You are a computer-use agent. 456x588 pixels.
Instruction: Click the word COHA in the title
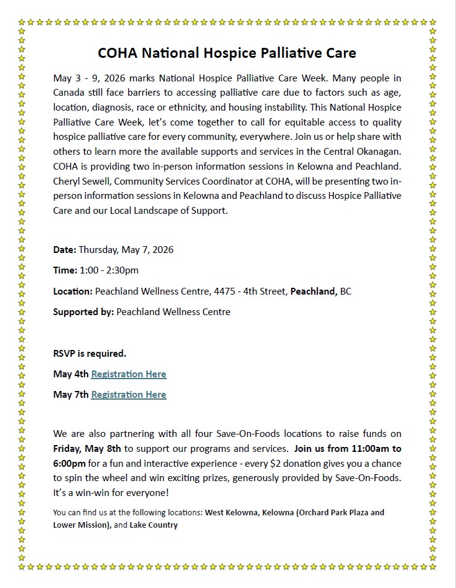118,53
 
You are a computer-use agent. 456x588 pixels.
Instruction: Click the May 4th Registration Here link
129,374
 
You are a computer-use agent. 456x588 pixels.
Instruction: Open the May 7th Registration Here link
129,395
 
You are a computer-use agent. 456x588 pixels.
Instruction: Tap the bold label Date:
65,250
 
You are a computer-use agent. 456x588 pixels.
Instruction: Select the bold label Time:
65,270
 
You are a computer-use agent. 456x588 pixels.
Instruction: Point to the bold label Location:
73,291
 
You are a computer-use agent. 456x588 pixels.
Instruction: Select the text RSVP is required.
90,354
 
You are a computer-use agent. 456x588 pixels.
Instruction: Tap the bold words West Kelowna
231,513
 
